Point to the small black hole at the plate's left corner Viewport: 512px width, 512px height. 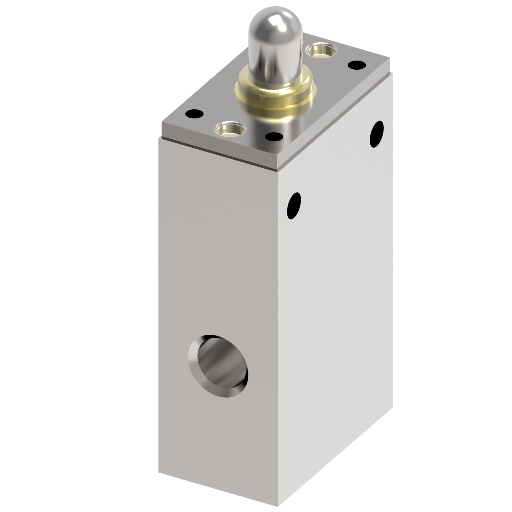tap(194, 114)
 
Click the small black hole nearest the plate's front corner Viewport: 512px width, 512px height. tap(274, 137)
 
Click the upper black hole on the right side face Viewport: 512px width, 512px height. tap(377, 134)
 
